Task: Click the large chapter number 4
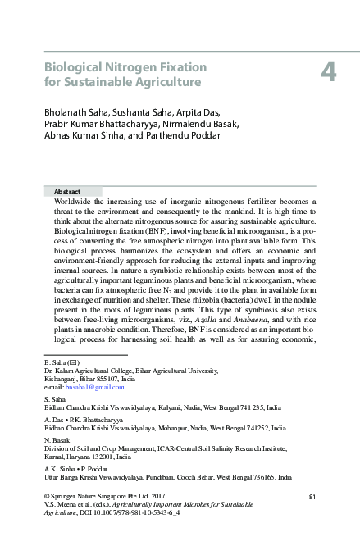pyautogui.click(x=327, y=74)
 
